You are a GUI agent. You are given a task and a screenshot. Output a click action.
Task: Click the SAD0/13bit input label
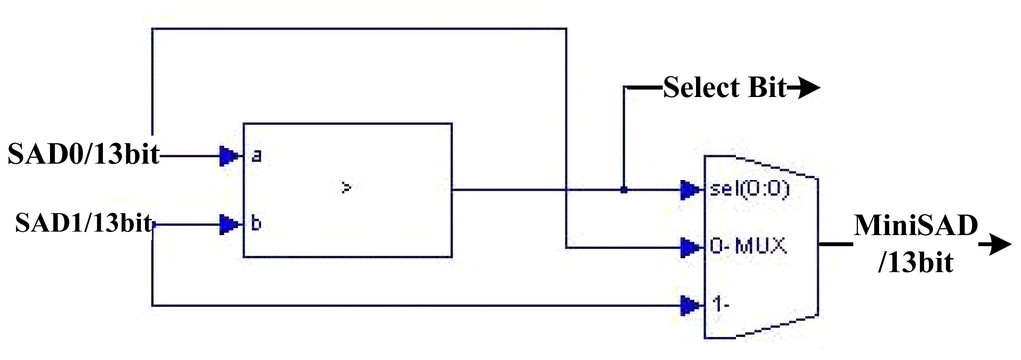[83, 155]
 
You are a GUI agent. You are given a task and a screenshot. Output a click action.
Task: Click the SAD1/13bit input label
[83, 224]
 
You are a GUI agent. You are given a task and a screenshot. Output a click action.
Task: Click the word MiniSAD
[916, 226]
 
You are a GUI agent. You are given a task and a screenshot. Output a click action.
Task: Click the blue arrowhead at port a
[230, 155]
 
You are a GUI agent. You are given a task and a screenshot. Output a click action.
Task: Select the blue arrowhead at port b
[230, 225]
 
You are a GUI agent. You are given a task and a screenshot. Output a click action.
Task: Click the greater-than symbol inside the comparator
[347, 188]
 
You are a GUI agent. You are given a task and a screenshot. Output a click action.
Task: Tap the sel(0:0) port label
[748, 190]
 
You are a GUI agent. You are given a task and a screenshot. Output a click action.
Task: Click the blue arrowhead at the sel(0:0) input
[690, 190]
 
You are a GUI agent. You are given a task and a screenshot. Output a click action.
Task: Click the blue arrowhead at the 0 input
[690, 247]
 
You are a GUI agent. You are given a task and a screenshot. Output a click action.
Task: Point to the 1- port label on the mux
[716, 304]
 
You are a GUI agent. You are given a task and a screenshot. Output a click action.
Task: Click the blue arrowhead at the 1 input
[690, 305]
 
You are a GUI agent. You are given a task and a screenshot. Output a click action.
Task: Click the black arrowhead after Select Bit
[806, 88]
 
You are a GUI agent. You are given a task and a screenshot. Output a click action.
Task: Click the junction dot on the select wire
[624, 190]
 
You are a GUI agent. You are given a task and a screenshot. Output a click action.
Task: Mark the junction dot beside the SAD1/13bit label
[154, 225]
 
